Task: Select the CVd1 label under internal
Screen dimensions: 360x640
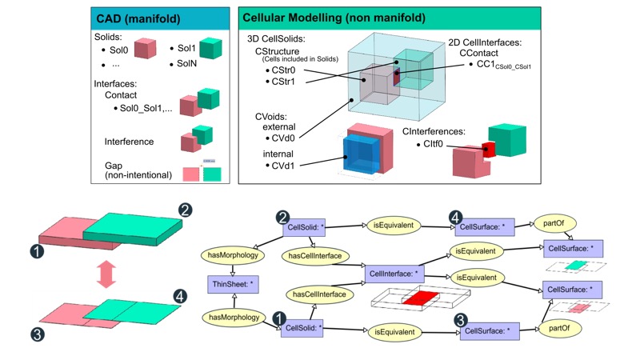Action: pyautogui.click(x=278, y=165)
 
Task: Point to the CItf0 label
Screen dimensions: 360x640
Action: pyautogui.click(x=434, y=145)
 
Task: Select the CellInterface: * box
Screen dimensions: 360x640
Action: pyautogui.click(x=394, y=274)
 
